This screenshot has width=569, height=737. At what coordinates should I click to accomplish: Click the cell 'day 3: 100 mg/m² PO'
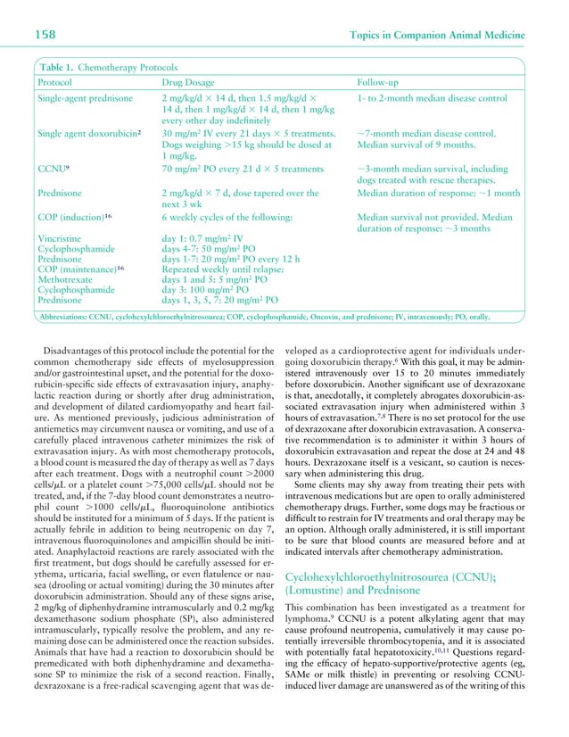[x=210, y=290]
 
